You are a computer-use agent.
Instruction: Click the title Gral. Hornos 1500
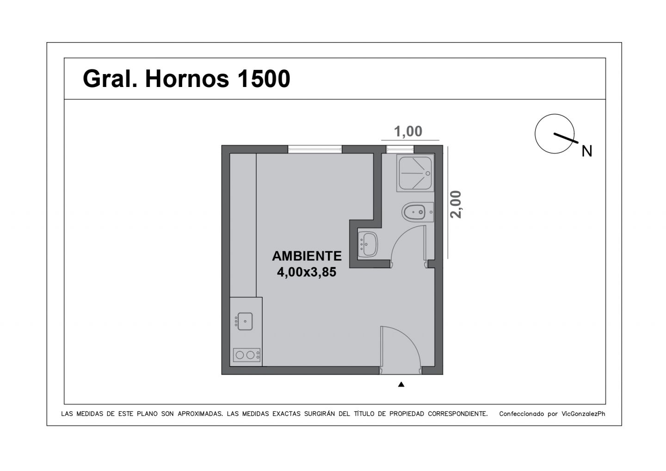coord(186,79)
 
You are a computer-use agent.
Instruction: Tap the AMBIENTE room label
coord(307,256)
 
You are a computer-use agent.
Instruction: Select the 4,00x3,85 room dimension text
coord(307,272)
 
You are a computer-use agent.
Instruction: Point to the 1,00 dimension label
coord(408,131)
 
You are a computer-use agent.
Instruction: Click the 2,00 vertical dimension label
coord(456,205)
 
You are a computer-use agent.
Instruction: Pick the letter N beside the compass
coord(586,151)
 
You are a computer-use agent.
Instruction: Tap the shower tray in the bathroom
coord(415,173)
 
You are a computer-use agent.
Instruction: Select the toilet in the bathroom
coord(418,212)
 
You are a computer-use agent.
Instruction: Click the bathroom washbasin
coord(368,244)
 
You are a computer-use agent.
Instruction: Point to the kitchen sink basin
coord(245,322)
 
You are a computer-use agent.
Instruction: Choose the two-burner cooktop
coord(247,355)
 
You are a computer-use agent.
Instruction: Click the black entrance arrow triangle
coord(401,384)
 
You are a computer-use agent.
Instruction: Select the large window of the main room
coord(315,149)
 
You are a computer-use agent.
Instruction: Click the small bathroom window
coord(400,149)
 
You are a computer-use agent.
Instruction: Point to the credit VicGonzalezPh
coord(583,414)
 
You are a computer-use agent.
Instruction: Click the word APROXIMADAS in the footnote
coord(200,414)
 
